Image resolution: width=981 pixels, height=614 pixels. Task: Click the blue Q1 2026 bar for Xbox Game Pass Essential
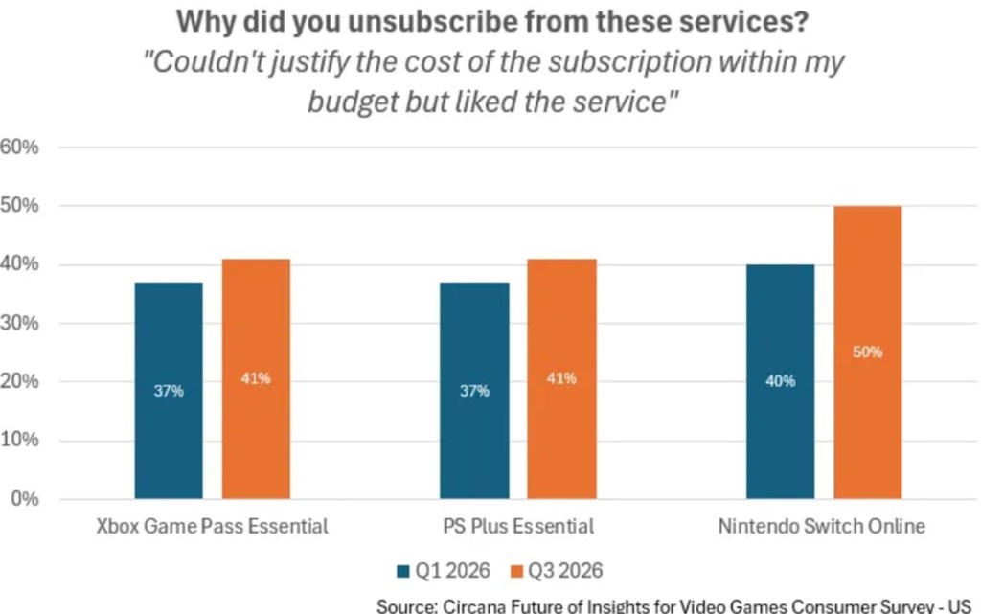[169, 390]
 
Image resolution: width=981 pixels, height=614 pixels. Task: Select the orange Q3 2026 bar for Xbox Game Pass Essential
[256, 378]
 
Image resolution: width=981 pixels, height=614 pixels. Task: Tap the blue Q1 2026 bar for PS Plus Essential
[474, 390]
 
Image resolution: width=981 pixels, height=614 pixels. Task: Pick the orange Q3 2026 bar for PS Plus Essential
[561, 378]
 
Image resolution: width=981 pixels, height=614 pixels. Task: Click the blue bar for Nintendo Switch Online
[780, 381]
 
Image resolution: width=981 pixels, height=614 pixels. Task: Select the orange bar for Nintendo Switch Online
[868, 352]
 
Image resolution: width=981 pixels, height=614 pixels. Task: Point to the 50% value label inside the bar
[868, 352]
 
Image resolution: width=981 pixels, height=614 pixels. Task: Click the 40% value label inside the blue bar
[780, 381]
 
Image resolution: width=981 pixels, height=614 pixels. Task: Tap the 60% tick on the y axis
[19, 147]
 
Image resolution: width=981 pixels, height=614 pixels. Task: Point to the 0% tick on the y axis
[25, 498]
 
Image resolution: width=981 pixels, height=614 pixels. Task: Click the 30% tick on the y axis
[19, 323]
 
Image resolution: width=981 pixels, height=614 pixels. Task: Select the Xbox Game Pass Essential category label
[212, 527]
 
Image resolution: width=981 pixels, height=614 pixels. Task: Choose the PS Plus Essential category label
[518, 527]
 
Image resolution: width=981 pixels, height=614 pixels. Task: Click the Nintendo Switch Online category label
[821, 527]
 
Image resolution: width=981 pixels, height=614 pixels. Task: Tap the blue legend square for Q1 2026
[403, 571]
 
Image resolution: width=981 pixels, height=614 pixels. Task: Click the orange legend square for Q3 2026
[516, 571]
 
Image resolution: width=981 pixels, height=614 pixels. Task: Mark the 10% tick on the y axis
[19, 440]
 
